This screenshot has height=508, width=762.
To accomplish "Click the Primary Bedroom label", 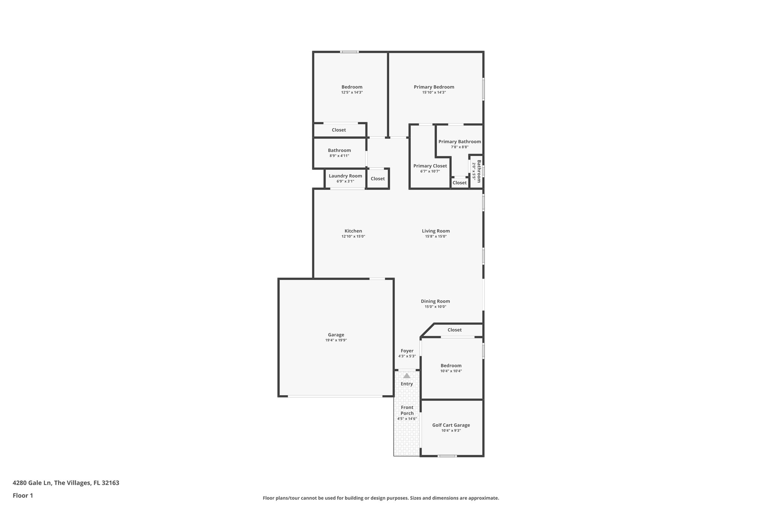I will tap(434, 87).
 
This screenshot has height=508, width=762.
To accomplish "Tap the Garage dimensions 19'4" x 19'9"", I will tap(336, 340).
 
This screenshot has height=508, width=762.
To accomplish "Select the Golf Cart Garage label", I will tap(451, 425).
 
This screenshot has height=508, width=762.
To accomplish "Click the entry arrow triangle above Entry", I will tap(407, 376).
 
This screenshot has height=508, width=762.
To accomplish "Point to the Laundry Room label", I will tap(345, 176).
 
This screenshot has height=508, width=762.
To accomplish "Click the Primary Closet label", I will tap(430, 166).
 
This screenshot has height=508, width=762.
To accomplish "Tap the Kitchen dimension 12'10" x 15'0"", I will tap(353, 236).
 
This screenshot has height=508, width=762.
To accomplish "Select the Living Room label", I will tap(436, 231).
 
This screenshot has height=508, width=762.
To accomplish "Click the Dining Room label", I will tap(435, 301).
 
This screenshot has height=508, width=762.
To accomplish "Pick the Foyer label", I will tap(407, 351).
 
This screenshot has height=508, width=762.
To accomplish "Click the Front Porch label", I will tap(407, 410).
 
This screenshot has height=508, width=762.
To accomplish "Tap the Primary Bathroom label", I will tap(460, 141).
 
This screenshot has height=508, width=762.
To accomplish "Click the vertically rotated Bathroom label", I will tap(479, 171).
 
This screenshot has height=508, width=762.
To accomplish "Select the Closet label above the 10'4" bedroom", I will tap(455, 330).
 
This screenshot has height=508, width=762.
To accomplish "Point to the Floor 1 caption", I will tap(23, 495).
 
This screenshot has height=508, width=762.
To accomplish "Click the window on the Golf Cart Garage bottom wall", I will tap(447, 456).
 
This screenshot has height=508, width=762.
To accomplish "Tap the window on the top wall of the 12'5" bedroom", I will tap(350, 52).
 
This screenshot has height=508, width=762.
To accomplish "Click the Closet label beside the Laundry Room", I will tap(378, 179).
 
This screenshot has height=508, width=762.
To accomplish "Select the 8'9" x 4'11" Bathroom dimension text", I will tap(339, 156).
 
